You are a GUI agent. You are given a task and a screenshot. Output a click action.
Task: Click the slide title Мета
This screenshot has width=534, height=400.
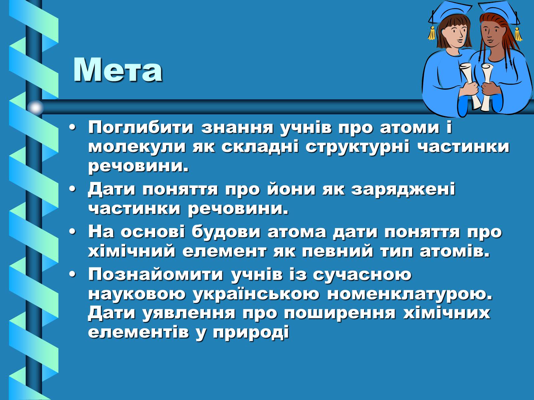(118, 70)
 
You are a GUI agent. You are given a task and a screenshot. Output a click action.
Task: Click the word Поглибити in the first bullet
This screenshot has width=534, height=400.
(141, 127)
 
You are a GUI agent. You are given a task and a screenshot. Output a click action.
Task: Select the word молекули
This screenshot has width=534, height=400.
(137, 147)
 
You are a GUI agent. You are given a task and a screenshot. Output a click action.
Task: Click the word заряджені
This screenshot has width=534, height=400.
(403, 190)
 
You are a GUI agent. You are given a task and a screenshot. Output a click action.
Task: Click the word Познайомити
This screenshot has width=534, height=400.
(156, 274)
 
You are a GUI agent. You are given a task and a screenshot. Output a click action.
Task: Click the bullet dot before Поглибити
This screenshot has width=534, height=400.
(72, 128)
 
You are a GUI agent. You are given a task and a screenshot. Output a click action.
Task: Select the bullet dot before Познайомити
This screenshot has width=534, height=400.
(72, 275)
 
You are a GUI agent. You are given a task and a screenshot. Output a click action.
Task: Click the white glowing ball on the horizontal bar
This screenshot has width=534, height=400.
(35, 108)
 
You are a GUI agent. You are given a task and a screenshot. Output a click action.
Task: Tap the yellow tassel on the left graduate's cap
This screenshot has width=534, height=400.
(432, 34)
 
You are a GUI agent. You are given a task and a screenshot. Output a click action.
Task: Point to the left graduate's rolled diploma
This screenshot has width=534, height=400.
(470, 85)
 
